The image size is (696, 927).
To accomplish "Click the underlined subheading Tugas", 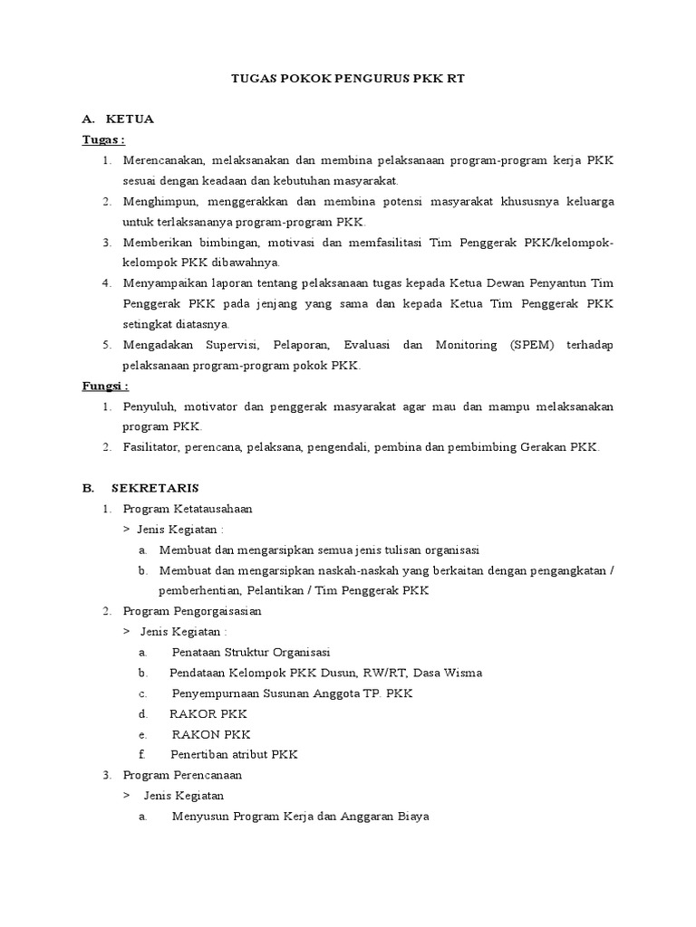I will (x=102, y=139).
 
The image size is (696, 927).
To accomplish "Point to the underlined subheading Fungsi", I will (x=105, y=386).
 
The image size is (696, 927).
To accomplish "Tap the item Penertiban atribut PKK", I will (x=234, y=754).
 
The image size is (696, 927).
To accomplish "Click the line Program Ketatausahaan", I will (x=188, y=509).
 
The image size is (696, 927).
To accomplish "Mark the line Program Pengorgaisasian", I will (x=192, y=611).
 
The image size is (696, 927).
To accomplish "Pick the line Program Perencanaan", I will (x=182, y=775).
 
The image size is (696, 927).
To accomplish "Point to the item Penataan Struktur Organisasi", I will (x=251, y=652).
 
